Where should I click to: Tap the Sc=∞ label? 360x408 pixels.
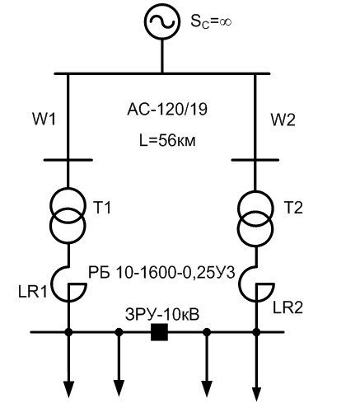[x=211, y=21]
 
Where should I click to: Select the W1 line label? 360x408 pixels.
[x=44, y=120]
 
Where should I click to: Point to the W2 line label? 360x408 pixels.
[x=283, y=120]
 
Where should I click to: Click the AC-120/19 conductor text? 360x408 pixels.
[x=167, y=110]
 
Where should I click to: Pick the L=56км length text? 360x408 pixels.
[x=167, y=141]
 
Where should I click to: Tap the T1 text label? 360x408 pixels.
[x=102, y=207]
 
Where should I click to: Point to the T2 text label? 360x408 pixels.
[x=293, y=207]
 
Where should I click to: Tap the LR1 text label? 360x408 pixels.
[x=33, y=293]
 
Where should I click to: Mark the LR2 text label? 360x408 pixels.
[x=288, y=307]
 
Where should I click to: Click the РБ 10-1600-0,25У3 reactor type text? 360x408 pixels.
[x=161, y=273]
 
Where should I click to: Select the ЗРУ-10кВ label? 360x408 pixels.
[x=162, y=315]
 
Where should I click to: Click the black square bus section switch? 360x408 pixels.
[x=159, y=332]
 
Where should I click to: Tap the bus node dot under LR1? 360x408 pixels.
[x=68, y=332]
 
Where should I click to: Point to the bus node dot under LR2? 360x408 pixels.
[x=256, y=332]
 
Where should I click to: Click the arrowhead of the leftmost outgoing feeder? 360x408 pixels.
[x=68, y=389]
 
